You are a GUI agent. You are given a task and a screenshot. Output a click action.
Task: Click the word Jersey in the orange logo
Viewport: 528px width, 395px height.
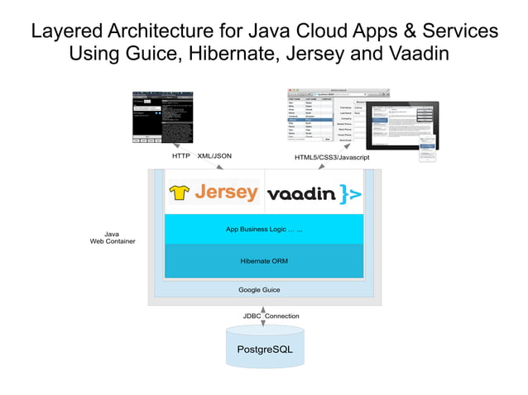coord(226,193)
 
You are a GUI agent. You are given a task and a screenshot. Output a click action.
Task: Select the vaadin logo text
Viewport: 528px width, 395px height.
coord(301,194)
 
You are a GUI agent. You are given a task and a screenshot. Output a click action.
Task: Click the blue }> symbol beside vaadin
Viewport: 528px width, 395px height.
coord(350,195)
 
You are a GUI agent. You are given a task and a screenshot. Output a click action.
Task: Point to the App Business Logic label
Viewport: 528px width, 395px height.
coord(264,229)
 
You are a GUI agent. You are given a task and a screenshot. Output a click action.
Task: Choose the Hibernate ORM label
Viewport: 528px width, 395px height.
coord(264,260)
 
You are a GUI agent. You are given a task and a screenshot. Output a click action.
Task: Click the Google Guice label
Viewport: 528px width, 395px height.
coord(259,290)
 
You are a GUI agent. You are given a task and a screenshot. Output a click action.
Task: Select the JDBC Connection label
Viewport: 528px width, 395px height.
coord(271,316)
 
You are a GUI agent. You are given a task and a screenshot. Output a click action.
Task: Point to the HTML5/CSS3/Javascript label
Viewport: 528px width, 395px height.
coord(331,157)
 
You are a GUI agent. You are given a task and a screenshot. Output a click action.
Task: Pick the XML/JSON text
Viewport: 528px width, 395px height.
coord(214,155)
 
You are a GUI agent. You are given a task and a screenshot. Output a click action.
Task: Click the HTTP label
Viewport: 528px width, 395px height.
coord(181,155)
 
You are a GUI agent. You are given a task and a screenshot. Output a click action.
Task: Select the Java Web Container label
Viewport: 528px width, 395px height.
coord(113,237)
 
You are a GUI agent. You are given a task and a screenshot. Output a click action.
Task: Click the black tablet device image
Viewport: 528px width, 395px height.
coord(402,125)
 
